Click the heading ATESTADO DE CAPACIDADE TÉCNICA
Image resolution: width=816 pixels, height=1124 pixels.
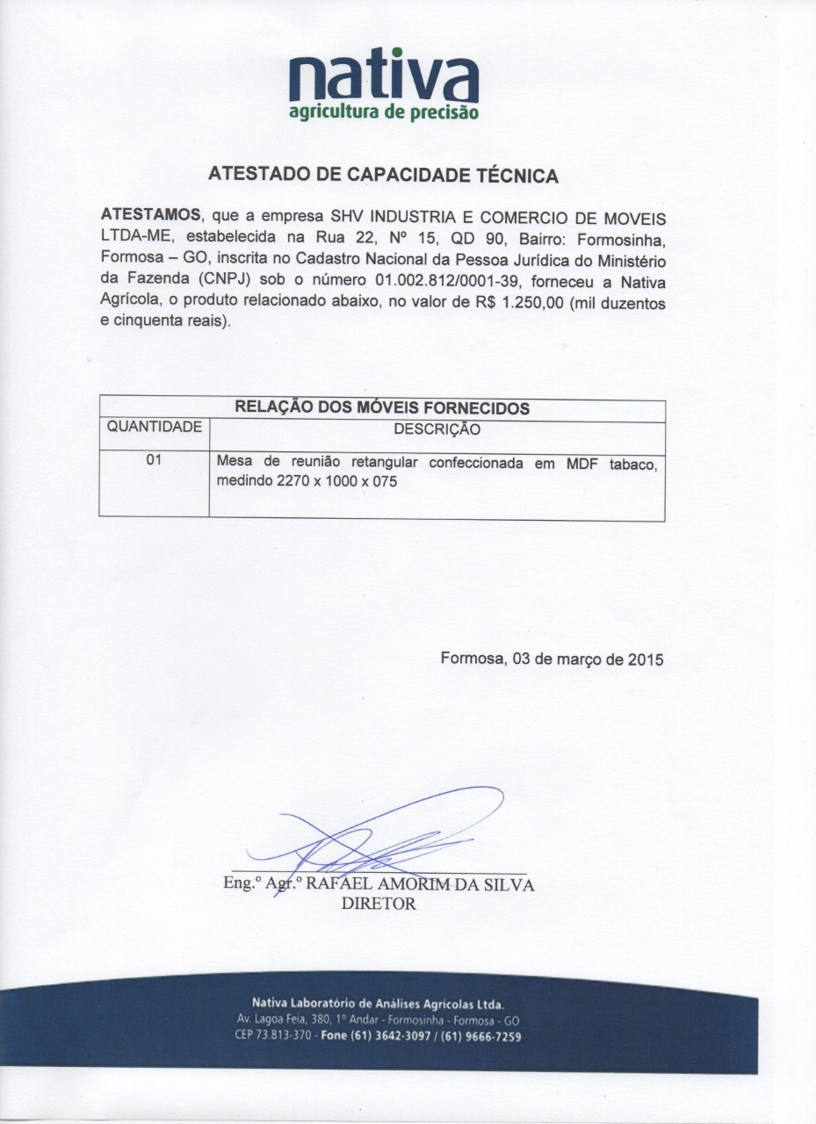383,175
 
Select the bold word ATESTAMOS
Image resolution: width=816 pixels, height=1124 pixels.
151,216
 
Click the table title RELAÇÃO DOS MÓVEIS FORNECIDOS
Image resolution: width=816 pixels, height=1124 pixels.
381,408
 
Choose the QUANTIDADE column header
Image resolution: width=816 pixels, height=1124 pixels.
154,428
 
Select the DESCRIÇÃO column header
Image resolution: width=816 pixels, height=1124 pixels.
437,429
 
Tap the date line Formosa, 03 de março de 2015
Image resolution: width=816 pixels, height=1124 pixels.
552,658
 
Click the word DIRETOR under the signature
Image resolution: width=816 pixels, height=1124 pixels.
377,904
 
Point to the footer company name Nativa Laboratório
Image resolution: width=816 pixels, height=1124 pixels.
378,1003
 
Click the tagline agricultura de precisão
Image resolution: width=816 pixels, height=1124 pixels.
384,112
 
